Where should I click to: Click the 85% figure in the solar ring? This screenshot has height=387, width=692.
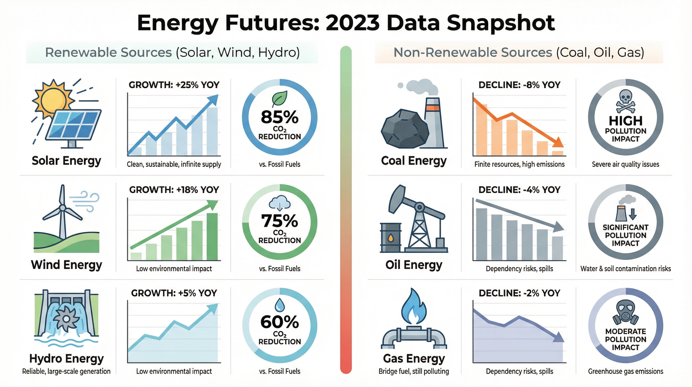coord(279,117)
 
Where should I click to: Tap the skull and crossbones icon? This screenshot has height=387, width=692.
coord(626,101)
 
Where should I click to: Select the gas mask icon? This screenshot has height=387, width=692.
coord(625,312)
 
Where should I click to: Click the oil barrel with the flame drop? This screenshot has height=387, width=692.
coord(391,238)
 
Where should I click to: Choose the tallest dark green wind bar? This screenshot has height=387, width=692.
coord(212,237)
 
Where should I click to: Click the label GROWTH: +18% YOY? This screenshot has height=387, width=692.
coord(174,190)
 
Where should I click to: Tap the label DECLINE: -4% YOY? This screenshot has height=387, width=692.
coord(519,190)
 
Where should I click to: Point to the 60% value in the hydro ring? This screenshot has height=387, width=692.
coord(279,322)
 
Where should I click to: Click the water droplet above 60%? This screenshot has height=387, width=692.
coord(280,304)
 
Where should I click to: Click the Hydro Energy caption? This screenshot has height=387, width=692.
coord(66,359)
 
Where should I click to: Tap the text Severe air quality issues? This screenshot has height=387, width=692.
coord(625,164)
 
